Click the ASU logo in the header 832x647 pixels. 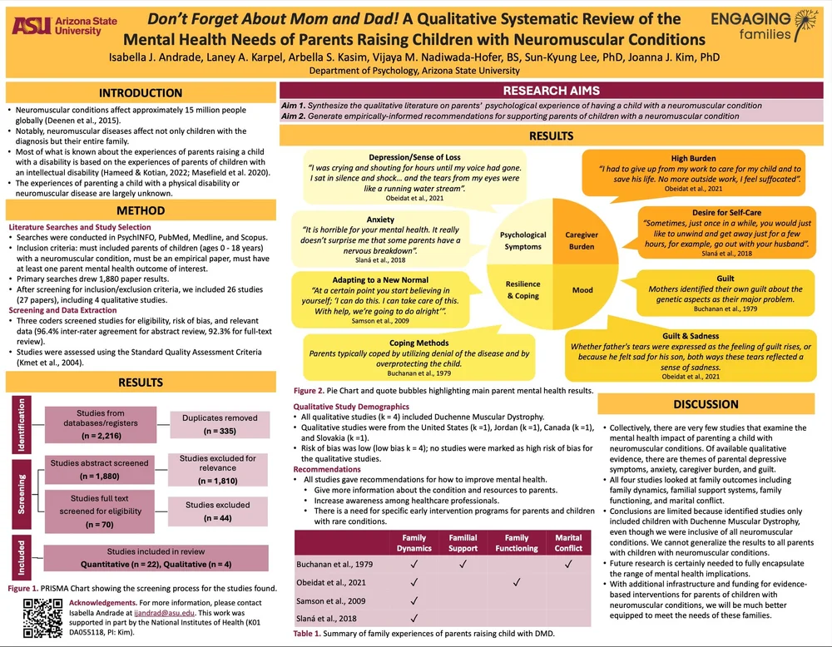pyautogui.click(x=56, y=27)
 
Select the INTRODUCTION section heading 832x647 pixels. pyautogui.click(x=140, y=93)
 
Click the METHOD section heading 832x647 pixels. pyautogui.click(x=140, y=210)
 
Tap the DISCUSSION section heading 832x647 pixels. pyautogui.click(x=705, y=404)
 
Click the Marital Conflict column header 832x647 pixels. pyautogui.click(x=568, y=542)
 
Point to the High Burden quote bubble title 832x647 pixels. pyautogui.click(x=693, y=158)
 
